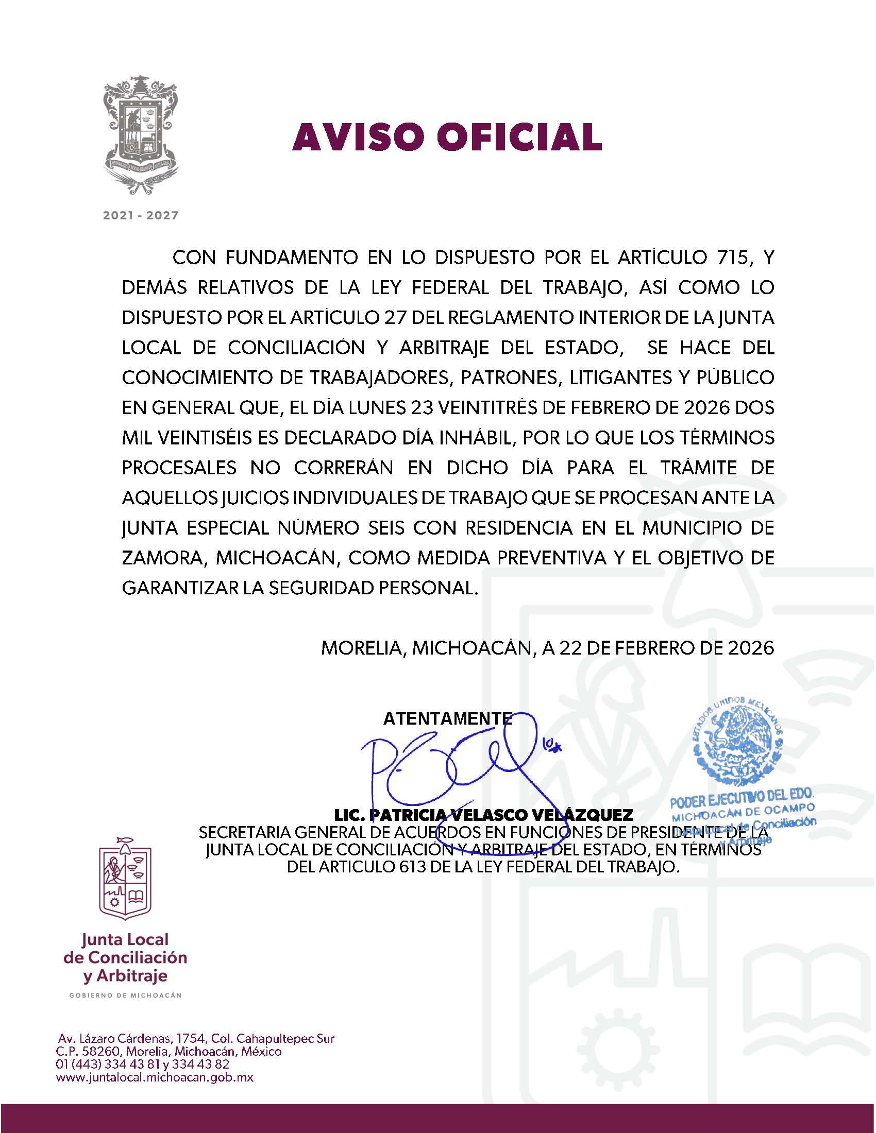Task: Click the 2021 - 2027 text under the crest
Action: pyautogui.click(x=141, y=215)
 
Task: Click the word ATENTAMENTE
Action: pyautogui.click(x=447, y=718)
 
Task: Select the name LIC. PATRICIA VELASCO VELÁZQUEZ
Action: pyautogui.click(x=484, y=815)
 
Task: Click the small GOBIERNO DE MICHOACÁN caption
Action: pyautogui.click(x=126, y=995)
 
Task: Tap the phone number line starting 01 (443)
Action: pyautogui.click(x=143, y=1065)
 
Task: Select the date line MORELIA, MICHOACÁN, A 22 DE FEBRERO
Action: pyautogui.click(x=547, y=648)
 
